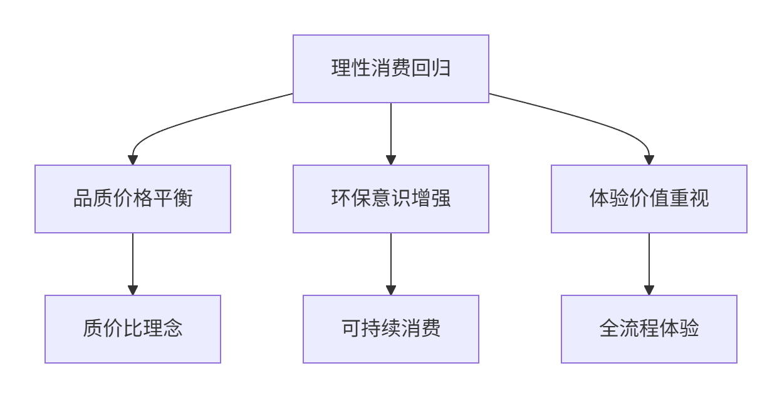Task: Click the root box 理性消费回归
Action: point(391,69)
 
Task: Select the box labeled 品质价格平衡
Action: point(133,199)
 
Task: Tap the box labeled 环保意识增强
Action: point(391,199)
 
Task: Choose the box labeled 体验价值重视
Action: point(649,199)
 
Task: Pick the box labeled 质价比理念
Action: point(133,329)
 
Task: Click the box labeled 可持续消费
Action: point(391,329)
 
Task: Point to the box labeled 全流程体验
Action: point(649,329)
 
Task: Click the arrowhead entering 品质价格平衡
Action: point(133,160)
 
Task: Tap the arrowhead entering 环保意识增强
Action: point(391,160)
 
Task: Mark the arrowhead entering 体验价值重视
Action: point(649,160)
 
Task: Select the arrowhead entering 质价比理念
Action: point(133,290)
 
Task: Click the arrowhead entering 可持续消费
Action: point(391,290)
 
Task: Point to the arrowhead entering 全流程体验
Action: point(649,290)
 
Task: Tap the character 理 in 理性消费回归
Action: point(341,68)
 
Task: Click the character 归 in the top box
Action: point(441,68)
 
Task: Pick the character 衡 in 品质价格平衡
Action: point(183,198)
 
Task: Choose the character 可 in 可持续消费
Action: point(351,329)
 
